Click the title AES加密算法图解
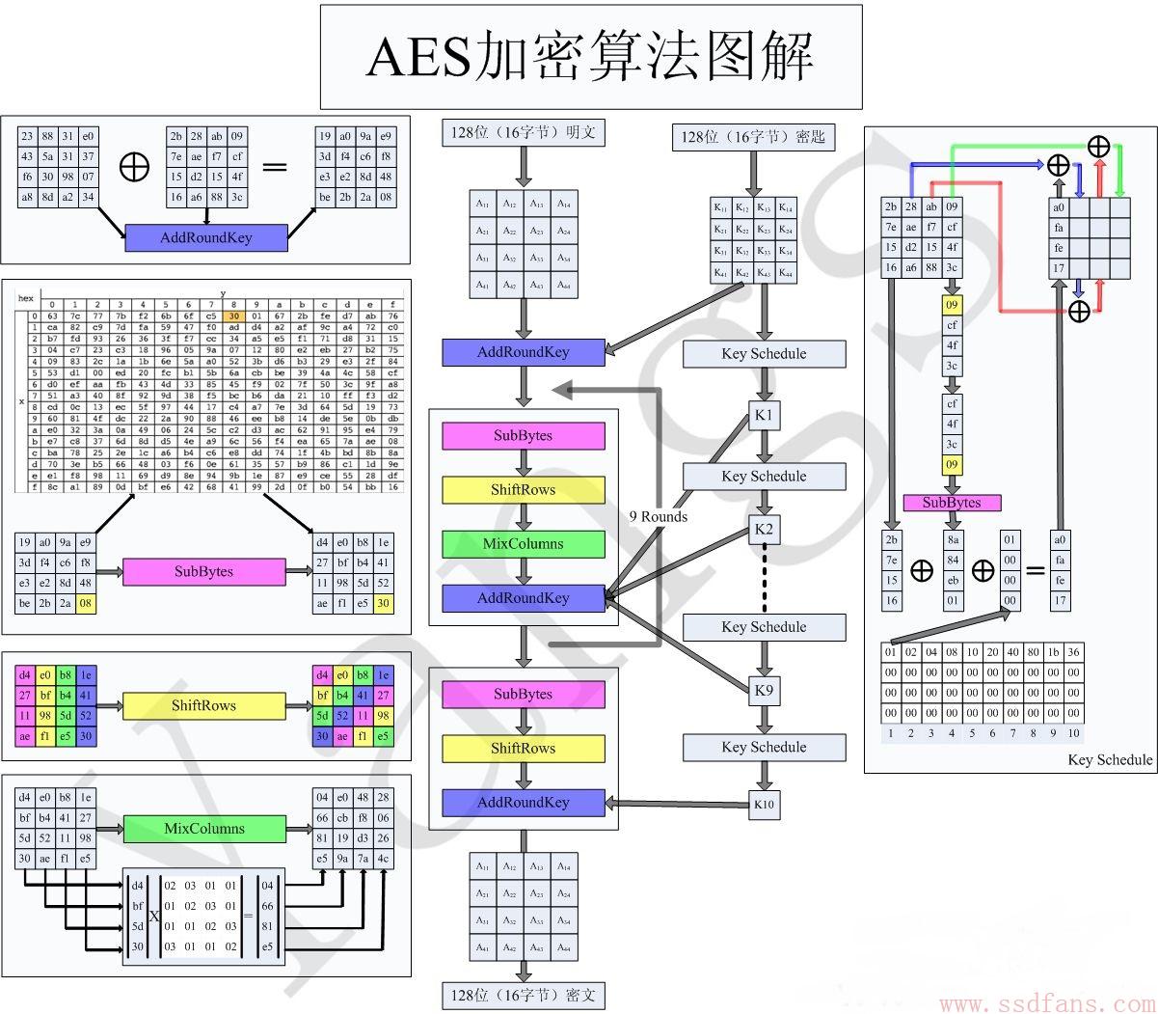coord(590,57)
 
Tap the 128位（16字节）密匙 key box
coord(753,137)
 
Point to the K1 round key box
coord(764,417)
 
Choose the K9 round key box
coord(764,690)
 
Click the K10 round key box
coord(764,804)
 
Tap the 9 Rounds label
coord(658,516)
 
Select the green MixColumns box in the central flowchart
coord(524,544)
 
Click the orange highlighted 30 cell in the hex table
coord(233,315)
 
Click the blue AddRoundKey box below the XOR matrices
coord(206,237)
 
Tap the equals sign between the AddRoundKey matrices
coord(275,167)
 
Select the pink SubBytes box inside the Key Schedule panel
coord(952,503)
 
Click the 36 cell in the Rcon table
coord(1073,652)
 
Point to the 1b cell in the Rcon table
coord(1053,652)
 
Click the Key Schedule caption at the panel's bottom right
coord(1109,759)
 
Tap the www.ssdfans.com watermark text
coord(1045,1003)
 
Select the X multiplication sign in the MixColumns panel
coord(154,916)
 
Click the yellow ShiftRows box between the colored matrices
coord(204,706)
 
